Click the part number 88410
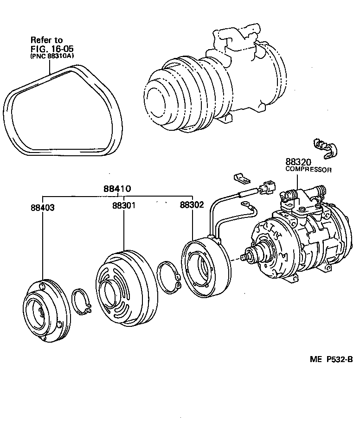pyautogui.click(x=117, y=189)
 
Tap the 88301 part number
pyautogui.click(x=123, y=205)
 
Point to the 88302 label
pyautogui.click(x=192, y=204)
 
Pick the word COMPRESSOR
pyautogui.click(x=308, y=170)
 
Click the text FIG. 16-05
pyautogui.click(x=52, y=48)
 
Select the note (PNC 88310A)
pyautogui.click(x=52, y=56)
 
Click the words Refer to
pyautogui.click(x=46, y=40)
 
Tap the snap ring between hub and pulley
pyautogui.click(x=83, y=303)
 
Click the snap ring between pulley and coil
pyautogui.click(x=169, y=278)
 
